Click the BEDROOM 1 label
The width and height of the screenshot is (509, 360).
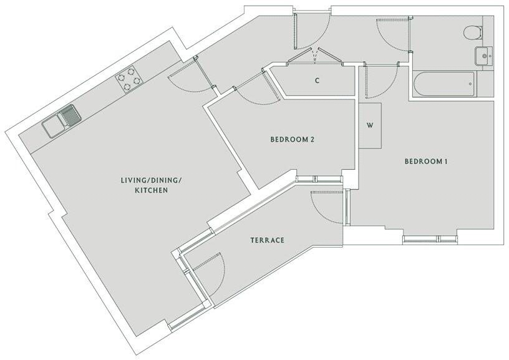pyautogui.click(x=427, y=162)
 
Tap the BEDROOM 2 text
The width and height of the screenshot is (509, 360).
pyautogui.click(x=291, y=140)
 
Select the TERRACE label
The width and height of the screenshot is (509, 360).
pyautogui.click(x=268, y=240)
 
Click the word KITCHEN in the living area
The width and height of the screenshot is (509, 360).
pyautogui.click(x=152, y=190)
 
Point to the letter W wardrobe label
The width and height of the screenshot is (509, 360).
pyautogui.click(x=370, y=125)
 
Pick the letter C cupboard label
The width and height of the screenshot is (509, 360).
pyautogui.click(x=317, y=80)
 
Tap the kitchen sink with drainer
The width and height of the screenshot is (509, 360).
pyautogui.click(x=61, y=122)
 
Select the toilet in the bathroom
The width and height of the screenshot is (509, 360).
pyautogui.click(x=473, y=31)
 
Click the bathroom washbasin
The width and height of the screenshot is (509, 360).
pyautogui.click(x=483, y=56)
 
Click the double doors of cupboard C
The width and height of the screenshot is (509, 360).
pyautogui.click(x=317, y=58)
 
